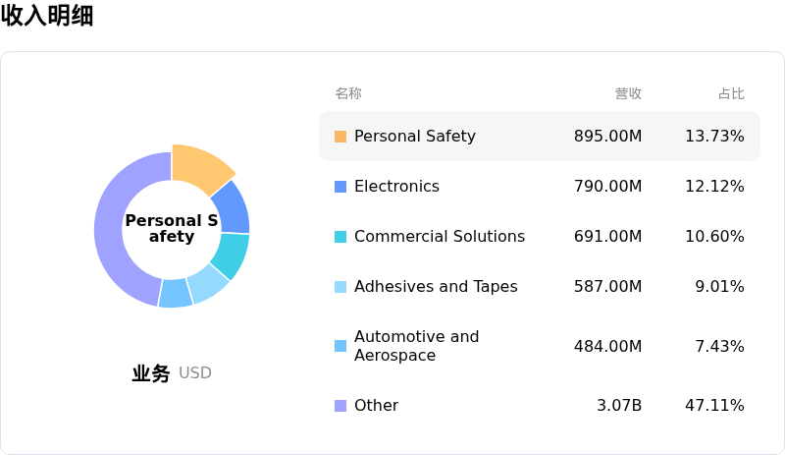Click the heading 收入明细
coord(47,16)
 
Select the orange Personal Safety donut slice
coord(199,165)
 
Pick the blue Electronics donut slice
coord(233,204)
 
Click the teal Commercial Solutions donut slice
coord(231,254)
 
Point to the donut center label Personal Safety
coord(172,228)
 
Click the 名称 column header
coord(348,93)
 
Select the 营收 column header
coord(628,93)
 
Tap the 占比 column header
coord(731,93)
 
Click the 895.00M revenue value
coord(607,137)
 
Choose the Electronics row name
coord(396,187)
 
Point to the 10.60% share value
coord(714,237)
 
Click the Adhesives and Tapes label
coord(436,287)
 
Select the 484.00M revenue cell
coord(607,346)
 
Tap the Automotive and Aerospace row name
coord(416,346)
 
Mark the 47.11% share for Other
coord(714,406)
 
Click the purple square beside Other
coord(340,406)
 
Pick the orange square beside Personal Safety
coord(340,137)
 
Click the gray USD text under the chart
coord(195,373)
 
